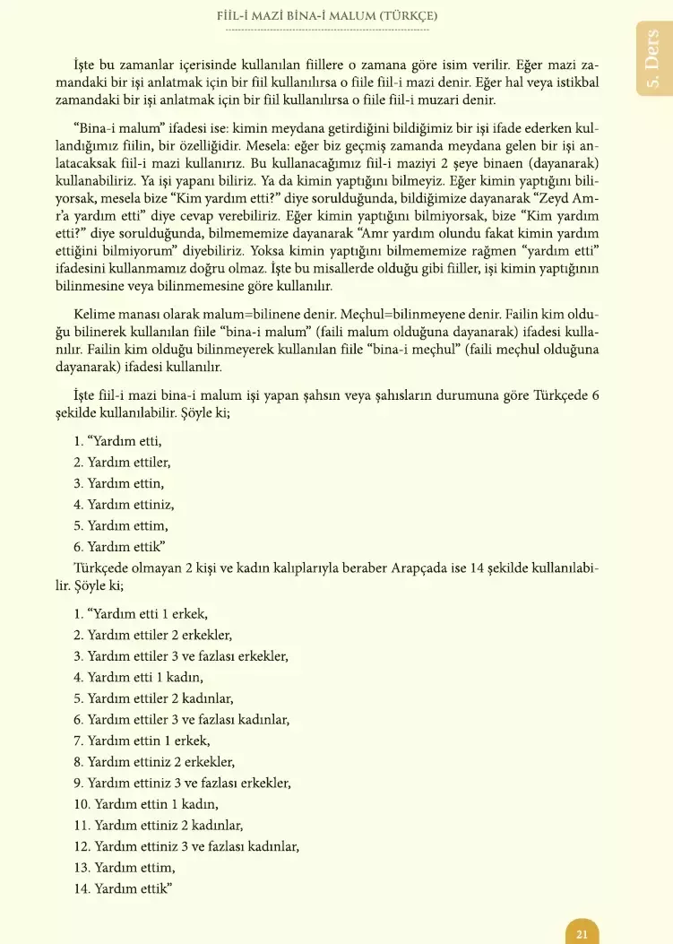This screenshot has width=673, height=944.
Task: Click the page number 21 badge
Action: pos(582,933)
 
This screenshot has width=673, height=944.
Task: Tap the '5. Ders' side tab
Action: pos(653,58)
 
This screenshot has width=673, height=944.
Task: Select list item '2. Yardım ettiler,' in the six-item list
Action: pos(122,463)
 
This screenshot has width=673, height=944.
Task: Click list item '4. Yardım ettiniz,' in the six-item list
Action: pos(124,505)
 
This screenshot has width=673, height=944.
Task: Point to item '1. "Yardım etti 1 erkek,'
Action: pos(141,614)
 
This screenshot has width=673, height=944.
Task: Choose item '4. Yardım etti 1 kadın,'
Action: pos(138,677)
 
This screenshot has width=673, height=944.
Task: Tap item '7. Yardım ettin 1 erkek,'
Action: pos(142,740)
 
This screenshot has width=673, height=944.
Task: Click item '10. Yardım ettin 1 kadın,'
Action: pos(146,804)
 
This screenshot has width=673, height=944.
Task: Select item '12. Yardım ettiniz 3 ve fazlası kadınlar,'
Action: pos(186,845)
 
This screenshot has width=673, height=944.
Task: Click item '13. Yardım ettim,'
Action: pos(125,867)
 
